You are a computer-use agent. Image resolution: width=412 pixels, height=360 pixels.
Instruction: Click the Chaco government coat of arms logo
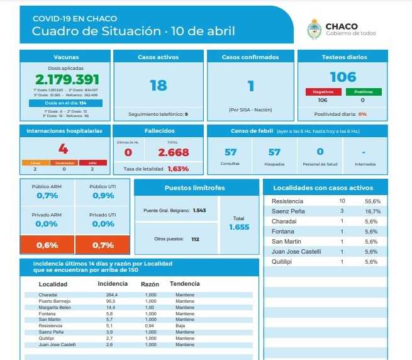pyautogui.click(x=314, y=29)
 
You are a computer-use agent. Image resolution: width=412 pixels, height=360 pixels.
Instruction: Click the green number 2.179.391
pyautogui.click(x=67, y=80)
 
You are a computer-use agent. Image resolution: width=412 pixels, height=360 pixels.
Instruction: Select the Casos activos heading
pyautogui.click(x=158, y=57)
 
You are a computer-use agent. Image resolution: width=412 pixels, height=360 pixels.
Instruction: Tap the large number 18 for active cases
pyautogui.click(x=158, y=86)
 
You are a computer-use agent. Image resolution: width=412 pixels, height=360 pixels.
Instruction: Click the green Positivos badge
pyautogui.click(x=362, y=92)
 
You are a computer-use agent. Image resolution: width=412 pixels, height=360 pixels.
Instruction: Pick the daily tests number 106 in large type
pyautogui.click(x=342, y=77)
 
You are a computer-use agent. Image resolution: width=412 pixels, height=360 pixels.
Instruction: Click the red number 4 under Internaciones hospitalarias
pyautogui.click(x=63, y=149)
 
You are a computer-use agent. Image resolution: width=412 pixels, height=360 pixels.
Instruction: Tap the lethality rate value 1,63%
pyautogui.click(x=178, y=169)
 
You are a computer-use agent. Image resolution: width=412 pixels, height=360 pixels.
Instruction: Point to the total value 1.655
pyautogui.click(x=239, y=227)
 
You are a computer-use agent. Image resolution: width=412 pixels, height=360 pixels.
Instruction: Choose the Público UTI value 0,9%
pyautogui.click(x=103, y=196)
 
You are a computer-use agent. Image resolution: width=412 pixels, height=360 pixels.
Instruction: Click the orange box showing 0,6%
pyautogui.click(x=48, y=245)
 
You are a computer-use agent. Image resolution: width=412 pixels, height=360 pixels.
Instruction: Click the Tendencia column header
pyautogui.click(x=185, y=284)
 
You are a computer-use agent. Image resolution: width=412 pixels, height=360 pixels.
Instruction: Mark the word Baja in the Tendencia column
pyautogui.click(x=181, y=326)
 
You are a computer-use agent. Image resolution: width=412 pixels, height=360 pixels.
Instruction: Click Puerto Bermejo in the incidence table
pyautogui.click(x=53, y=301)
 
